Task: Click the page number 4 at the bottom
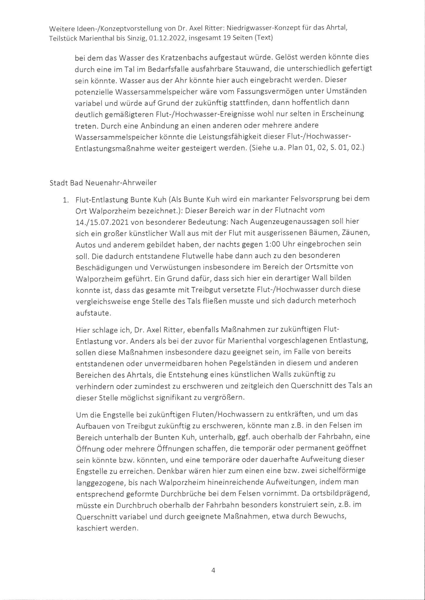pos(213,570)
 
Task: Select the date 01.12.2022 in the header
pos(166,38)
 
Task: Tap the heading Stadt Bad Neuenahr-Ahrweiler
pos(103,183)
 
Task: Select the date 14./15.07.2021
pos(102,222)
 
